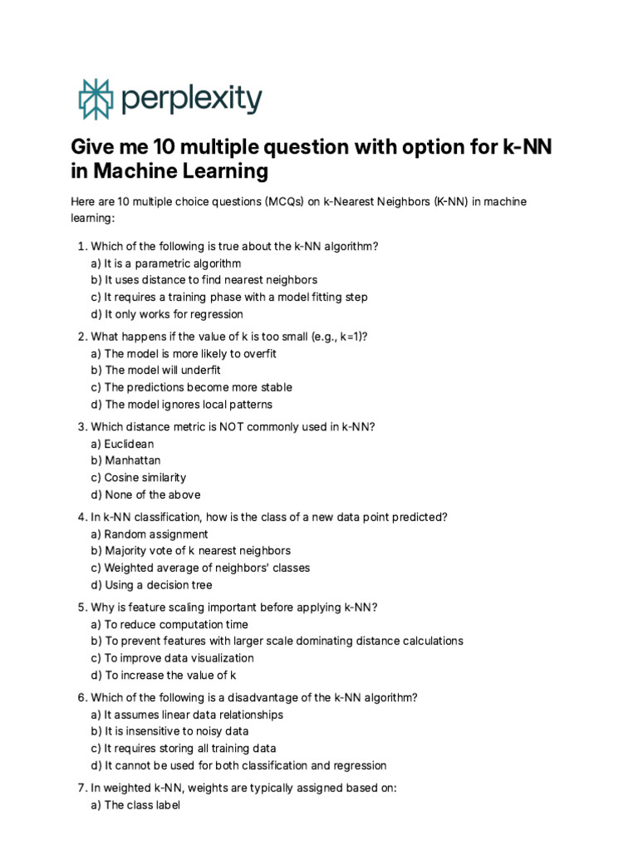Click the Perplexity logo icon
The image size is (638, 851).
[94, 99]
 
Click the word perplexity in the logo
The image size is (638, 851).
[191, 100]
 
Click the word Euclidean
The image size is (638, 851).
[129, 444]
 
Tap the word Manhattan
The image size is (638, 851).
[133, 460]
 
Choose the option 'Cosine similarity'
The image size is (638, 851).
[145, 478]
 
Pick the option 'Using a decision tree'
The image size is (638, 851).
[158, 585]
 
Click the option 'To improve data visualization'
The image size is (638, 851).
[179, 658]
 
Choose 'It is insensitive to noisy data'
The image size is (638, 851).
[177, 731]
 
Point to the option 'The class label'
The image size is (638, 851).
[141, 804]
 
